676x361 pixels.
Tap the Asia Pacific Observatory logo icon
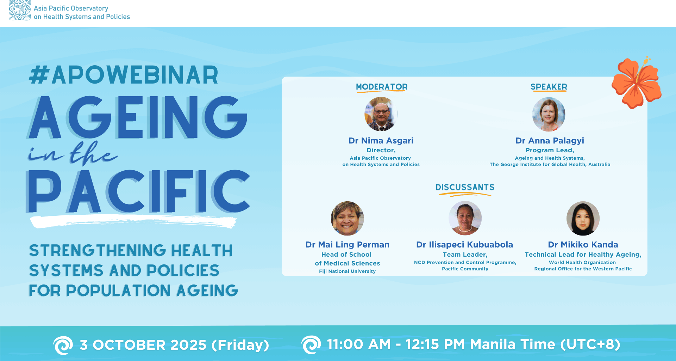click(20, 10)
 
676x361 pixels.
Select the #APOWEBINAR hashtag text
click(124, 75)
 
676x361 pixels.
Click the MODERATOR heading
click(382, 87)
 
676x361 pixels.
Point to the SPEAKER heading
click(549, 87)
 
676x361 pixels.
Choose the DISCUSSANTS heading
click(465, 187)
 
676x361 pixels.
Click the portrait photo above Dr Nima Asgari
click(381, 114)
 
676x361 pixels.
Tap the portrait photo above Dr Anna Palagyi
click(549, 114)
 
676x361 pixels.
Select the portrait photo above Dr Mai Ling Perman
click(347, 218)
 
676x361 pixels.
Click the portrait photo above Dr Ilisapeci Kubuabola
click(465, 218)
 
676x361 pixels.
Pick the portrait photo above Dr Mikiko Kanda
click(583, 218)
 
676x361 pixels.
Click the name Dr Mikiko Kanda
click(583, 245)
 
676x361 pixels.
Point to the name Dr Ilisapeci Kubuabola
click(464, 245)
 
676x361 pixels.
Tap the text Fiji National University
click(347, 271)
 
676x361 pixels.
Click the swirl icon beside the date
click(63, 345)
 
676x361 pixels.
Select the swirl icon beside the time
click(311, 344)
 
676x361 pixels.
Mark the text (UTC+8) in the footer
click(590, 344)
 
